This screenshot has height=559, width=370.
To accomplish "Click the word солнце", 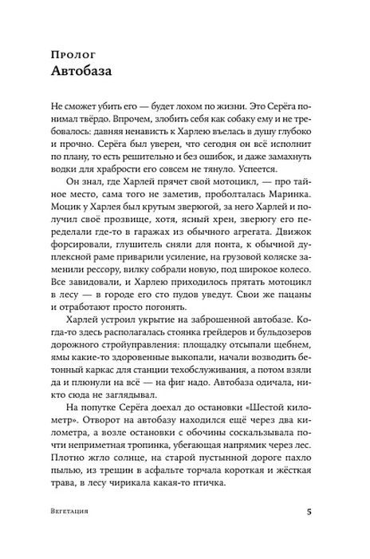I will tap(118, 479).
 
